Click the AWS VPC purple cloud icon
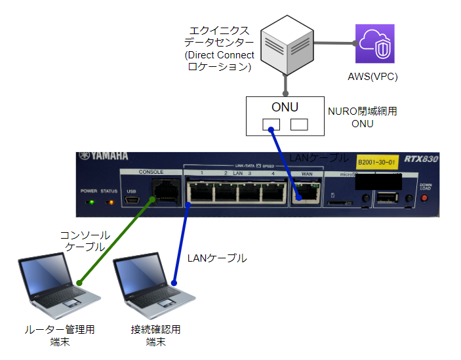pos(374,43)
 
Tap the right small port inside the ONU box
pos(299,124)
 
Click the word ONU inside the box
pos(285,108)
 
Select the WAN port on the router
pos(306,191)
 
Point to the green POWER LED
pos(90,201)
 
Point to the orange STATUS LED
pos(109,201)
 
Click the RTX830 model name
pos(422,159)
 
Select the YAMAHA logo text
pos(104,157)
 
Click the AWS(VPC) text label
pos(372,77)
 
